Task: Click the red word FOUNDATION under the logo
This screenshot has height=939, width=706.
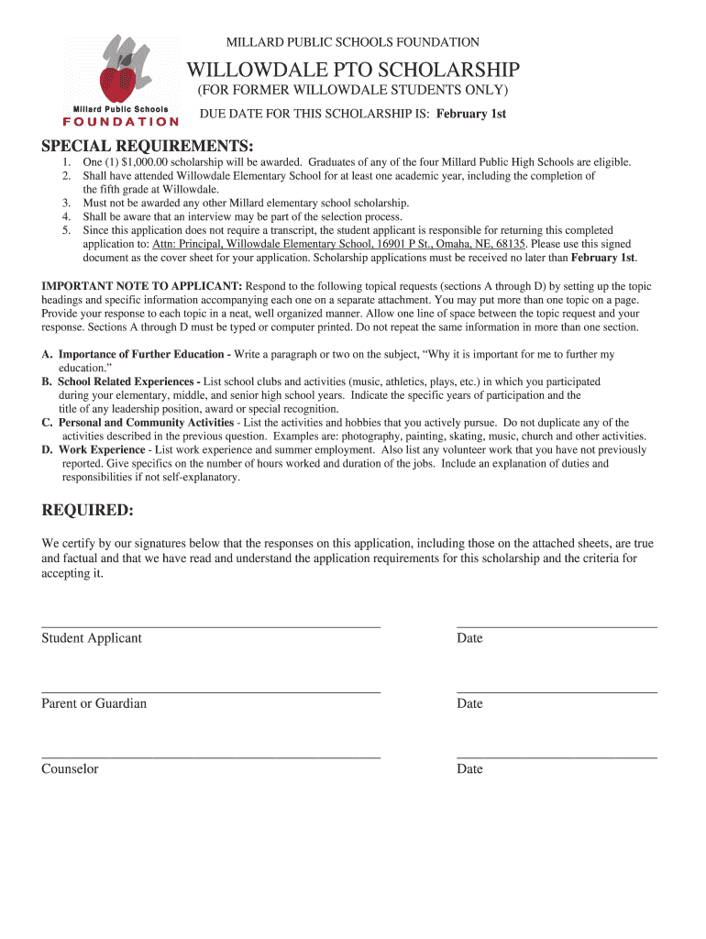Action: tap(120, 121)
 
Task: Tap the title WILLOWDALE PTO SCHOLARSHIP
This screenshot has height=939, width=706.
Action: tap(354, 70)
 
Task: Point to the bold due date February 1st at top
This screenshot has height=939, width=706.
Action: tap(471, 114)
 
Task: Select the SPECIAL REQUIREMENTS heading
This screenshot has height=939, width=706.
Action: tap(148, 147)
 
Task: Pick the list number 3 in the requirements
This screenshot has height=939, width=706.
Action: tap(67, 203)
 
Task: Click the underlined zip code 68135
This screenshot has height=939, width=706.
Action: tap(509, 245)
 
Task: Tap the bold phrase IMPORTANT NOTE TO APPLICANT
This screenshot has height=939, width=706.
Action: tap(142, 286)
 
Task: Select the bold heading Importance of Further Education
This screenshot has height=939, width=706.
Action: tap(144, 354)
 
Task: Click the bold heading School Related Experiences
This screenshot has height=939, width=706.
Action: tap(129, 381)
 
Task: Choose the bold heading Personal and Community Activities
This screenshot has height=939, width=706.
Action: tap(147, 423)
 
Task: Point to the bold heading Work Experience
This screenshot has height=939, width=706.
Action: tap(102, 450)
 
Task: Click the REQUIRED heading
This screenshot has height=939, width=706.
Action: tap(88, 510)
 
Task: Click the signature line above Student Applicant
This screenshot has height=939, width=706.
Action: tap(211, 626)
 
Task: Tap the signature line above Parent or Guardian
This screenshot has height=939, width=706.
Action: tap(211, 691)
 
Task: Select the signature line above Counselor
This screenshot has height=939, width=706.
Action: tap(211, 757)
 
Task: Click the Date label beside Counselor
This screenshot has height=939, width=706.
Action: tap(469, 769)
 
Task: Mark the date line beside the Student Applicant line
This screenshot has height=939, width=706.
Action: tap(557, 626)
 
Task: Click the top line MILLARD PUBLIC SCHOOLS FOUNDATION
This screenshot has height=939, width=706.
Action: tap(353, 42)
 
